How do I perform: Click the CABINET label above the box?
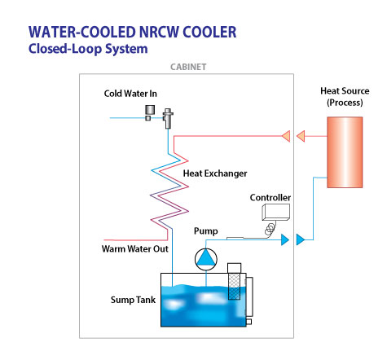(188, 67)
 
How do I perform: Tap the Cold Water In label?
(130, 94)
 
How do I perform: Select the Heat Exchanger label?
(215, 173)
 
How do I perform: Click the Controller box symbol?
(275, 212)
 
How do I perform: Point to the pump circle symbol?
(206, 259)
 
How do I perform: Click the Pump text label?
(206, 231)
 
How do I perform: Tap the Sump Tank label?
(133, 300)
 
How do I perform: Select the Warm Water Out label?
(135, 249)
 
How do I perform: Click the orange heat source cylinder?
(345, 152)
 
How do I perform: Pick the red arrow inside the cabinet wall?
(286, 136)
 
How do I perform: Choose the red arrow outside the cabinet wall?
(301, 136)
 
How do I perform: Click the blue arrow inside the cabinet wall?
(285, 239)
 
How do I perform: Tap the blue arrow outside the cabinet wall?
(301, 239)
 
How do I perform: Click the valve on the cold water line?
(168, 118)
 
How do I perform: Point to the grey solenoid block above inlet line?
(150, 110)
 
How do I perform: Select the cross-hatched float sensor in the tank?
(234, 287)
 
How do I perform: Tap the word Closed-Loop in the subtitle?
(65, 49)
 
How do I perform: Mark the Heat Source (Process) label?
(345, 97)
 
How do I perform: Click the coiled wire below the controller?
(270, 230)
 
